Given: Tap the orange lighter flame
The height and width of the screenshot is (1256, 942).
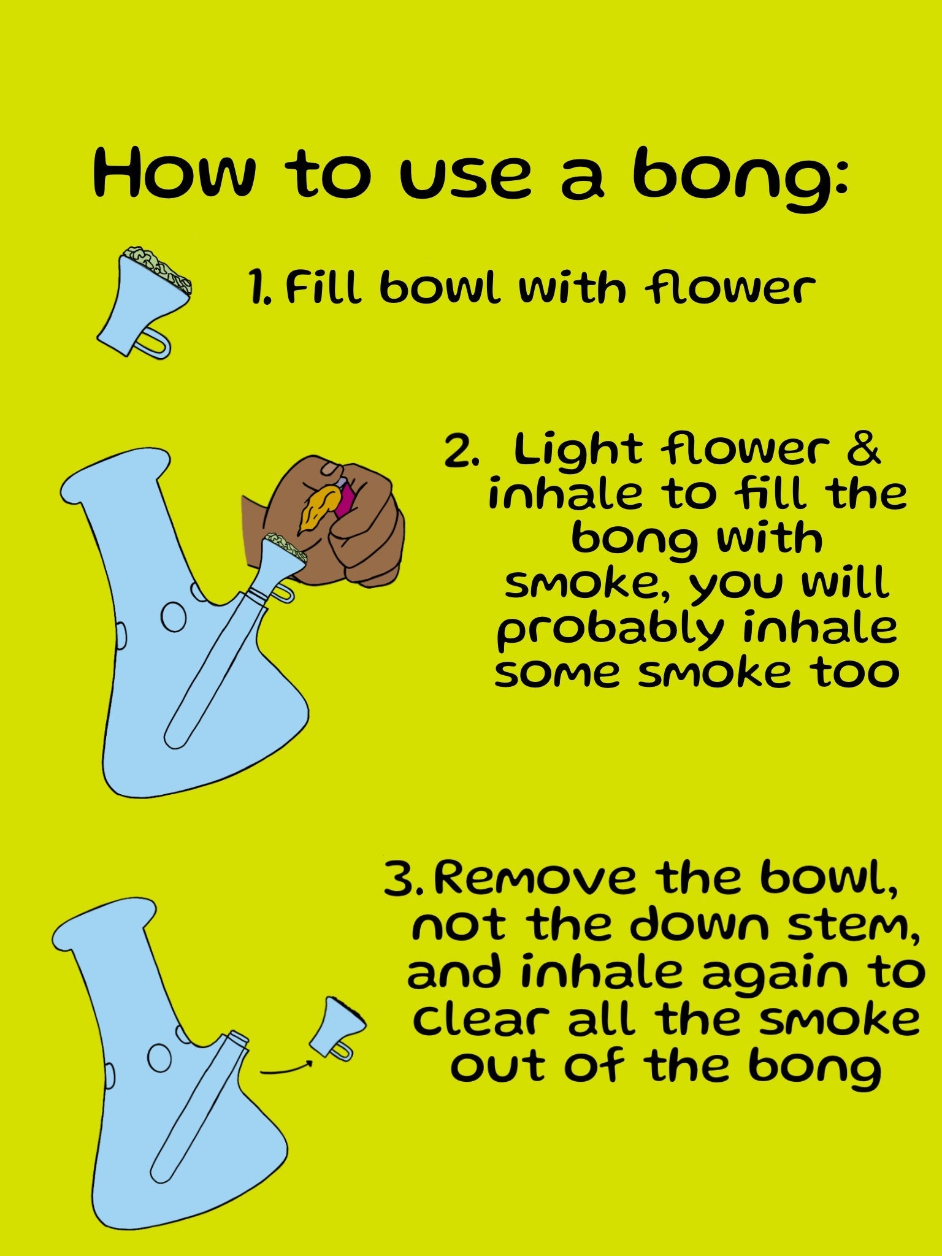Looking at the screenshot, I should pyautogui.click(x=318, y=506).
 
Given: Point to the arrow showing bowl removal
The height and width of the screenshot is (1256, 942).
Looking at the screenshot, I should pyautogui.click(x=287, y=1070).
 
